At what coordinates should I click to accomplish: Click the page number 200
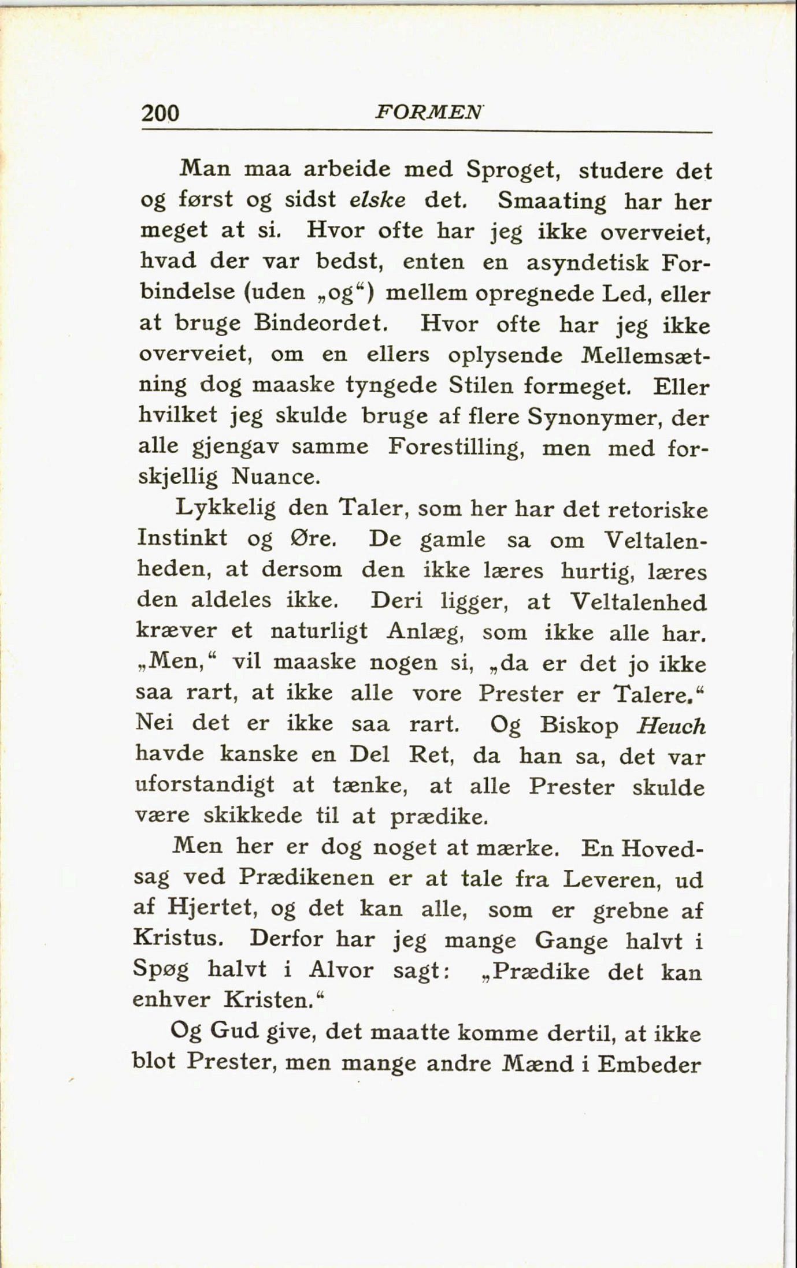160,112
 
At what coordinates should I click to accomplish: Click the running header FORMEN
428,111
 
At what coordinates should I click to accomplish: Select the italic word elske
377,199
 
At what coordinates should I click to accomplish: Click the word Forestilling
456,447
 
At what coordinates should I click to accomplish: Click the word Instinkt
183,538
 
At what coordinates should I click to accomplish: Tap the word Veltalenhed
638,602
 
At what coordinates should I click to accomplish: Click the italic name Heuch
671,726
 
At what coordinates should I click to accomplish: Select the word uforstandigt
205,786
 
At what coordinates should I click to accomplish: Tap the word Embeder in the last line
649,1063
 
